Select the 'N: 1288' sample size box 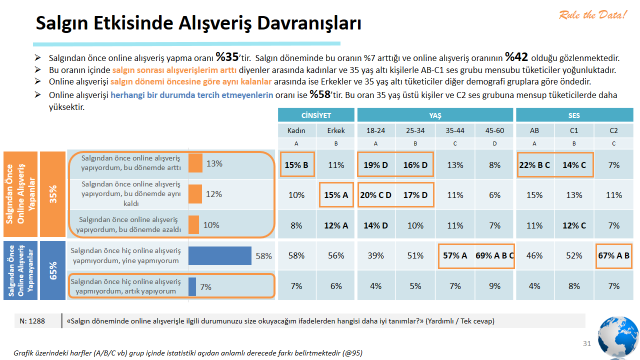click(34, 320)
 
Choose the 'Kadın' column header click(296, 130)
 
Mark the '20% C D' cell click(375, 194)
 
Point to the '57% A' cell click(456, 256)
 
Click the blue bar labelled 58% click(219, 256)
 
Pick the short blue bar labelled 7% click(192, 287)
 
